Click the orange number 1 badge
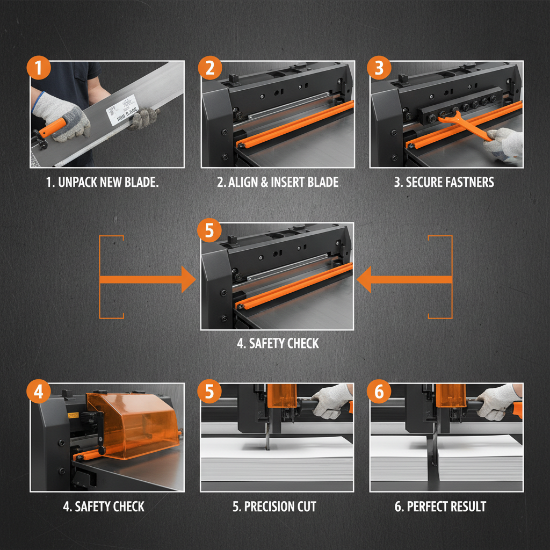[x=39, y=69]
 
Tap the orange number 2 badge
[x=209, y=69]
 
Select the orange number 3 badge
[x=379, y=69]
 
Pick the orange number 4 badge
[x=39, y=392]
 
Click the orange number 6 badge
[x=379, y=392]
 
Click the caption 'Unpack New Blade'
[x=103, y=182]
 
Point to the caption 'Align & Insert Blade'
[x=278, y=182]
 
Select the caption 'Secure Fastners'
[x=444, y=182]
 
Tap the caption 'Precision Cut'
[x=274, y=506]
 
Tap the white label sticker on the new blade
[x=123, y=110]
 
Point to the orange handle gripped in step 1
[x=52, y=128]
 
